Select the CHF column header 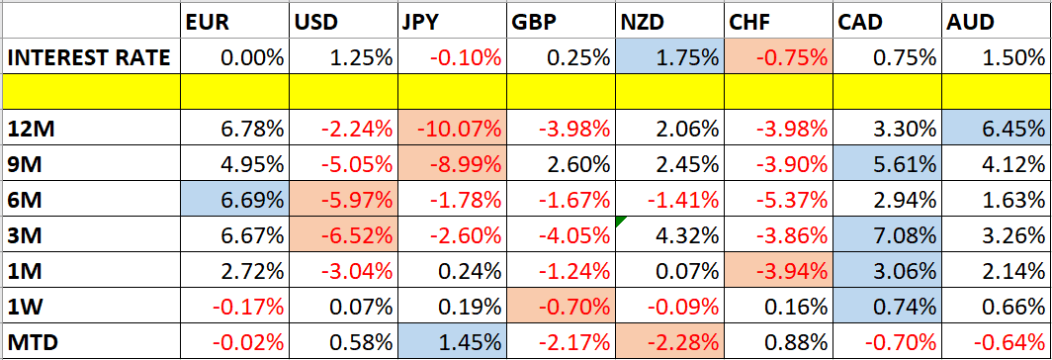pos(750,21)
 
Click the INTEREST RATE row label pos(88,57)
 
